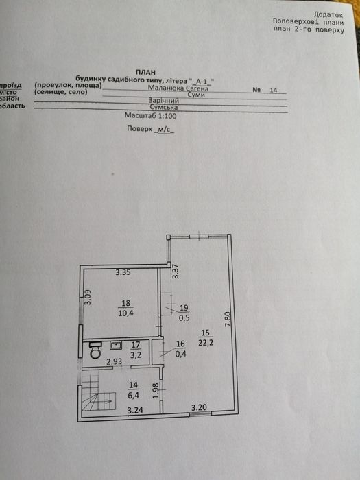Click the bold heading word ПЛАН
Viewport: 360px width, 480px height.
click(145, 73)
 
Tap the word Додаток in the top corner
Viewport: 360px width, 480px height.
click(328, 14)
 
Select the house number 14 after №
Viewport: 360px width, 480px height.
click(274, 90)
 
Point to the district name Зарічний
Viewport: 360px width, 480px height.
click(163, 101)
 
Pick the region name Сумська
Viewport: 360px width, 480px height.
click(164, 108)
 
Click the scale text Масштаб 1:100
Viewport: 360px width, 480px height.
click(151, 116)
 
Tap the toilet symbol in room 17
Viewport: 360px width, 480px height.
click(96, 350)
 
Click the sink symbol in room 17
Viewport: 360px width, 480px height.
click(116, 346)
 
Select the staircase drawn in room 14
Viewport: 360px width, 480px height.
click(98, 392)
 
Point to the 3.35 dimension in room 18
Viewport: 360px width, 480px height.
click(123, 272)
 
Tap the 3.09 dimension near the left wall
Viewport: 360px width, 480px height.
click(88, 298)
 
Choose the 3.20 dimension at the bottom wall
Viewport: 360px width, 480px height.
click(200, 408)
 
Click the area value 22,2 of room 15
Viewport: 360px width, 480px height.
click(206, 343)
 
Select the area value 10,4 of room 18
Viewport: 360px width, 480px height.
click(125, 313)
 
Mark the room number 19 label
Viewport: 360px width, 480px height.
click(185, 308)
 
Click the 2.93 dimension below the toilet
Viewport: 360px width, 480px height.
click(115, 361)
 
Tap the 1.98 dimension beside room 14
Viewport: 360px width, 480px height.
click(155, 391)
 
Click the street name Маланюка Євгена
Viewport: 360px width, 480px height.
click(178, 88)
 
